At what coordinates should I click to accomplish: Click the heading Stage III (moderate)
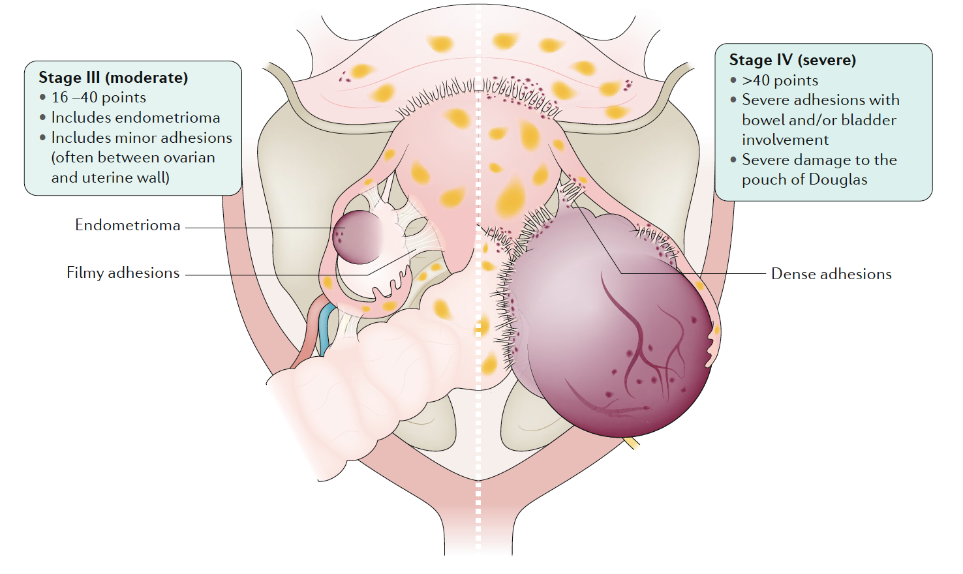[113, 78]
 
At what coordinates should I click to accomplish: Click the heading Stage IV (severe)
[792, 60]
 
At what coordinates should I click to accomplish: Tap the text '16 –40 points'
[99, 98]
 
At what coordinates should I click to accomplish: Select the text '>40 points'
[780, 80]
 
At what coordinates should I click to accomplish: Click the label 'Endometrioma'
[127, 225]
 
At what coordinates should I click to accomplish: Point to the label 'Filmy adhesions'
[123, 273]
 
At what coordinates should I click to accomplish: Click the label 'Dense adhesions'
[831, 274]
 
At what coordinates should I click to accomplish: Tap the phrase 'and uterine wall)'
[110, 177]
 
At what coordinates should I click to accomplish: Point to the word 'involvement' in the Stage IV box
[785, 140]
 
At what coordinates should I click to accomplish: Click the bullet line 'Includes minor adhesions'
[142, 138]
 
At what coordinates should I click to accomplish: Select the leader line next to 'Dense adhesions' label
[705, 273]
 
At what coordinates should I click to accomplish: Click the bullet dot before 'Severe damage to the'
[733, 159]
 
